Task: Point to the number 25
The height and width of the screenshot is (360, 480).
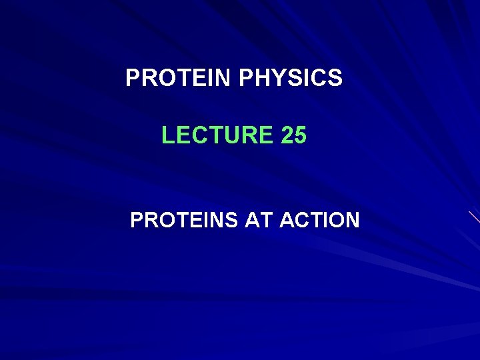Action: pyautogui.click(x=294, y=136)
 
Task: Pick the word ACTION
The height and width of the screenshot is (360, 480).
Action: pyautogui.click(x=319, y=220)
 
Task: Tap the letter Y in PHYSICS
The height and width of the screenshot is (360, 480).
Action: pyautogui.click(x=287, y=79)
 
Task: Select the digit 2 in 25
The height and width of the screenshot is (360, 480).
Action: pyautogui.click(x=287, y=136)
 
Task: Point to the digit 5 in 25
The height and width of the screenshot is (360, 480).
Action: pyautogui.click(x=301, y=136)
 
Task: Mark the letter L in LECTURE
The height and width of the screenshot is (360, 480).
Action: pyautogui.click(x=167, y=136)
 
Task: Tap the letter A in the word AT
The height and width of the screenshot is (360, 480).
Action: pyautogui.click(x=253, y=220)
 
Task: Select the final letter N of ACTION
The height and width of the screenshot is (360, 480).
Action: pyautogui.click(x=351, y=220)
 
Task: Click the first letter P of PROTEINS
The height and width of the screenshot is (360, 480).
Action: pyautogui.click(x=136, y=220)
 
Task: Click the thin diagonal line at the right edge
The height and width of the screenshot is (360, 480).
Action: pyautogui.click(x=474, y=217)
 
